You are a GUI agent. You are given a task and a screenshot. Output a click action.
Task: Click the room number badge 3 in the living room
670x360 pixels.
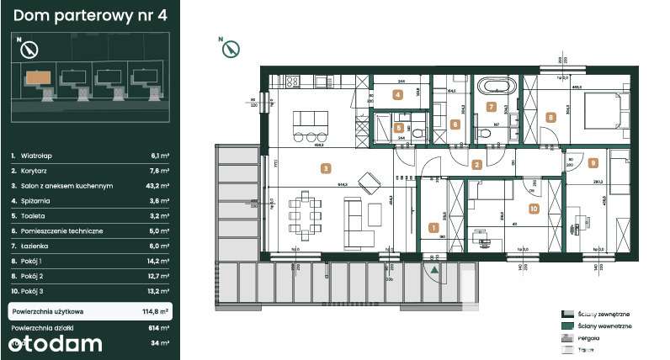pos(325,168)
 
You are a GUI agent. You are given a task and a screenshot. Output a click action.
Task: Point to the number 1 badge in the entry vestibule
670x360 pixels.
pos(433,227)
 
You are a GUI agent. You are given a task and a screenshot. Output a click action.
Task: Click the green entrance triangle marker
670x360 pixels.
pos(433,270)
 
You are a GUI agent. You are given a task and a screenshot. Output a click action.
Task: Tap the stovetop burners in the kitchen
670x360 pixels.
pos(293,82)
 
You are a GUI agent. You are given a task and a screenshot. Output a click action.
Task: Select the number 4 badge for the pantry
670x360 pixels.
pos(397,94)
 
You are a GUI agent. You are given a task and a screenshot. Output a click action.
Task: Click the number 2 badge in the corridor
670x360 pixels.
pos(476,166)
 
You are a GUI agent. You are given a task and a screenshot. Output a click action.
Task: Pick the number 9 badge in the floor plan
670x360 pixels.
pos(593,163)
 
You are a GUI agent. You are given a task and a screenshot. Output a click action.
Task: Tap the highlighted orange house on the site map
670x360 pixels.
pos(37,77)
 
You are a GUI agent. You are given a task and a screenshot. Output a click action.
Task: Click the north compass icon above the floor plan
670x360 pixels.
pos(227,49)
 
